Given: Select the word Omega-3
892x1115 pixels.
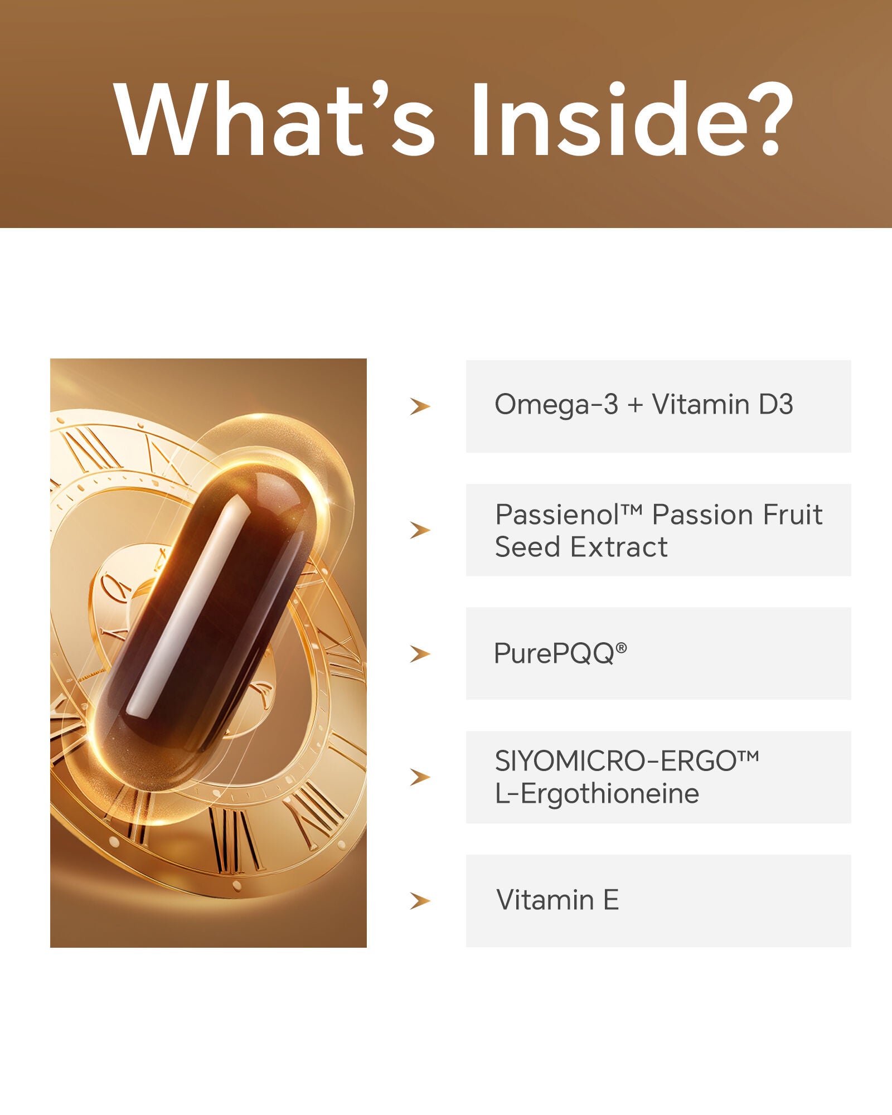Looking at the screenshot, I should click(556, 405).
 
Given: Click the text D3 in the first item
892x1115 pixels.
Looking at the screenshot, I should click(775, 404).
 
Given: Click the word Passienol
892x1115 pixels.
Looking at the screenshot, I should click(557, 515).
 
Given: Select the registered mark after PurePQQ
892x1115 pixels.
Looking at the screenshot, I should click(621, 647).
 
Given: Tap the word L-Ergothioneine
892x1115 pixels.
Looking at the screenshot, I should click(597, 794).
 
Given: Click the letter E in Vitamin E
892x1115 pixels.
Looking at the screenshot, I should click(611, 900).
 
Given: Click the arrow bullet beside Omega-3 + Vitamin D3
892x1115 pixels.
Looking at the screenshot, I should click(420, 406).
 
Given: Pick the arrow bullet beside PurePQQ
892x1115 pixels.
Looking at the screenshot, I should click(420, 653).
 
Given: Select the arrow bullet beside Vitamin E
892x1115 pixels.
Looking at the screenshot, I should click(420, 901).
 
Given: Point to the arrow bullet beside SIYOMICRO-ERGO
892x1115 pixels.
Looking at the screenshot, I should click(420, 777).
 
